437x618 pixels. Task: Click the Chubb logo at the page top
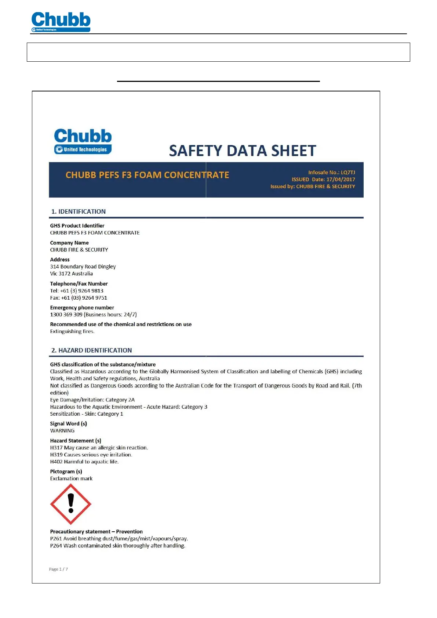pyautogui.click(x=61, y=21)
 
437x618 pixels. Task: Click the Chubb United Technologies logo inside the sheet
pyautogui.click(x=83, y=141)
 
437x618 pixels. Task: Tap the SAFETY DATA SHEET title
pyautogui.click(x=242, y=151)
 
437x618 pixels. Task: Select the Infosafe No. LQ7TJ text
pyautogui.click(x=331, y=172)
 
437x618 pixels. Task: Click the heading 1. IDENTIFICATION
pyautogui.click(x=79, y=212)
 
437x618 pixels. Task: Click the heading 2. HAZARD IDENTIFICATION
pyautogui.click(x=91, y=350)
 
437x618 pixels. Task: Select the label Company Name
pyautogui.click(x=69, y=243)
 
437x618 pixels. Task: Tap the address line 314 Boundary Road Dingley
pyautogui.click(x=83, y=267)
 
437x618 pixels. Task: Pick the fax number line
pyautogui.click(x=79, y=298)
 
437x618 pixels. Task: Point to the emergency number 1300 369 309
pyautogui.click(x=66, y=315)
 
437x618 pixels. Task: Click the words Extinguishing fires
pyautogui.click(x=72, y=331)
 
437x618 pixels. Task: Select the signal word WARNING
pyautogui.click(x=62, y=431)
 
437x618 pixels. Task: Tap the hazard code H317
pyautogui.click(x=56, y=448)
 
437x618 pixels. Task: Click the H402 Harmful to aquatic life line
pyautogui.click(x=84, y=462)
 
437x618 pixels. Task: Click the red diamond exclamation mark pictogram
pyautogui.click(x=71, y=504)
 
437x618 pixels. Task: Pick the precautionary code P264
pyautogui.click(x=56, y=546)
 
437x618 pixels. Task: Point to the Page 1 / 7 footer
pyautogui.click(x=58, y=569)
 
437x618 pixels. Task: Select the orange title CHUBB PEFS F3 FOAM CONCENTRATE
pyautogui.click(x=147, y=175)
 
